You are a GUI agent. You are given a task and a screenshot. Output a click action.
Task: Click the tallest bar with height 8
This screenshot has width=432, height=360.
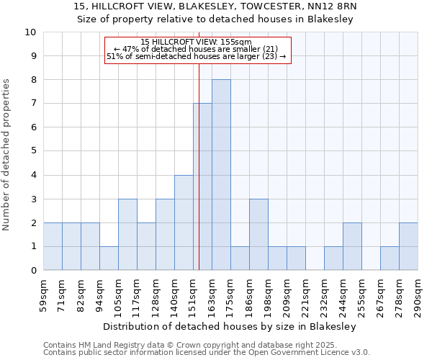(x=221, y=175)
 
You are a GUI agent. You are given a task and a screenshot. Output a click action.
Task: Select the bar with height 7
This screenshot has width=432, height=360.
(x=202, y=187)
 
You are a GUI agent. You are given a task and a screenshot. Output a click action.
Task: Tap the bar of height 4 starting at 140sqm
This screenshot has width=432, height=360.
(x=184, y=222)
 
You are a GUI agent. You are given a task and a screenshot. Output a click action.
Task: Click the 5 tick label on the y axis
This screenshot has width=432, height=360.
(x=33, y=151)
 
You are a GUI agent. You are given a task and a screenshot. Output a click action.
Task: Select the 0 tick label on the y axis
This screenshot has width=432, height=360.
(x=33, y=271)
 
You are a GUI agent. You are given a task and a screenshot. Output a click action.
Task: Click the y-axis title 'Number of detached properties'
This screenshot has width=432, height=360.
(x=6, y=156)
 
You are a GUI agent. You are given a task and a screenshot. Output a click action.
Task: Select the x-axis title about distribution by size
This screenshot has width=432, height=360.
(x=230, y=326)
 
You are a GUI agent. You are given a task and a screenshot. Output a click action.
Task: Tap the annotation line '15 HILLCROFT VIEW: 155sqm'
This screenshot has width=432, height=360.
(x=196, y=42)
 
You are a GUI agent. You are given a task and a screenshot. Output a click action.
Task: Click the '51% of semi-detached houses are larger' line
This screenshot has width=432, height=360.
(x=196, y=56)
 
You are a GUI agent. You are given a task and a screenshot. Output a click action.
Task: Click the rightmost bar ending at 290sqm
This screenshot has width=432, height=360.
(x=408, y=247)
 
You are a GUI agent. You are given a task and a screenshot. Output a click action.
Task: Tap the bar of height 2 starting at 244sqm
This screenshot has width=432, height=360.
(x=352, y=247)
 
